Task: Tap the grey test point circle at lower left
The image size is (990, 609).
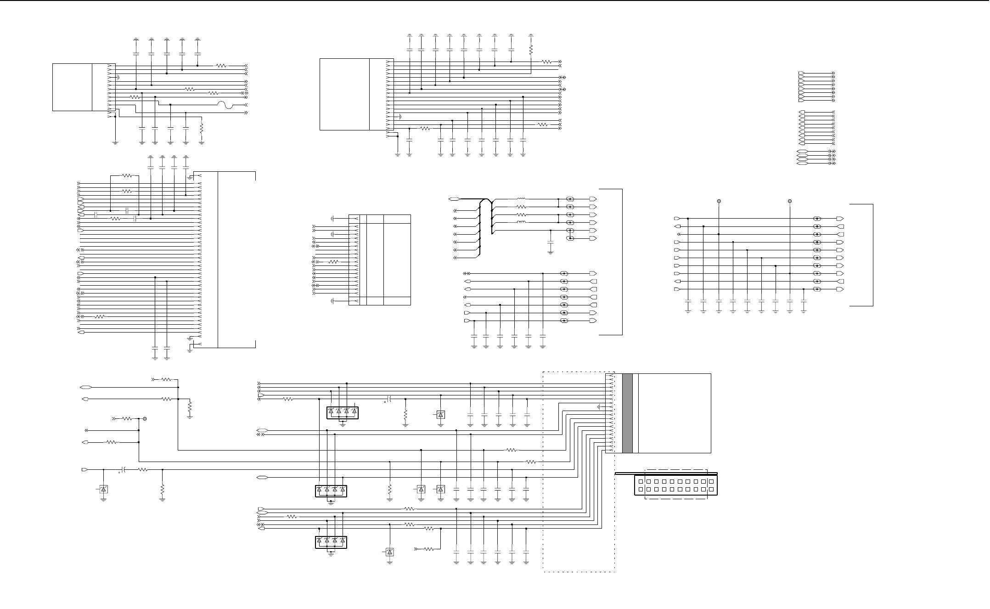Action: (145, 419)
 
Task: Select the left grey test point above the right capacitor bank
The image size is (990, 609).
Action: (719, 201)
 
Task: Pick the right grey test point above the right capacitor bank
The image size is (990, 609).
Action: (790, 201)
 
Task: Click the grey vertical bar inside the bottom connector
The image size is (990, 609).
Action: (627, 413)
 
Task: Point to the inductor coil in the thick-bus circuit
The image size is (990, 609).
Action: (522, 222)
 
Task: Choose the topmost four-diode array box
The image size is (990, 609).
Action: (342, 413)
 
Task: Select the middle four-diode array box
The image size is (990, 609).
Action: (331, 491)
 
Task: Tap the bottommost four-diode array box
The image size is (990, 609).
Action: (331, 542)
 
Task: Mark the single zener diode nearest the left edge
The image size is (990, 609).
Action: (103, 490)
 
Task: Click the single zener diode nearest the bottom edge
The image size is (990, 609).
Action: (390, 552)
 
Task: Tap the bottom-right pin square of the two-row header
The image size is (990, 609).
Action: (711, 490)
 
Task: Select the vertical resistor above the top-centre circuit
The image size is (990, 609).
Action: (531, 49)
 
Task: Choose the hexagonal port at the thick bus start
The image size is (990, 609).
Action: (454, 199)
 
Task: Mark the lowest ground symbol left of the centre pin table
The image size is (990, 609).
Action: (332, 301)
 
